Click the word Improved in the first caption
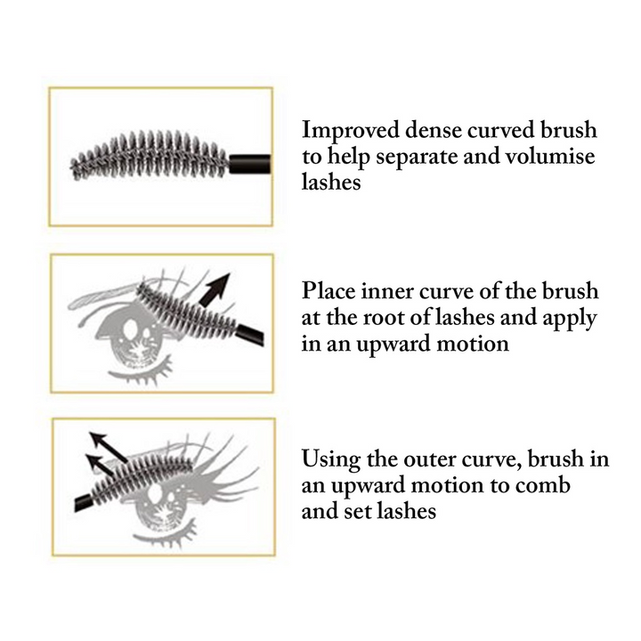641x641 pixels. point(351,130)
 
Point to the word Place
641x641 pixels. point(329,290)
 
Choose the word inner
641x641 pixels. point(382,291)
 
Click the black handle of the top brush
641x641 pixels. point(249,164)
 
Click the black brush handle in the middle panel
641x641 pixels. point(250,335)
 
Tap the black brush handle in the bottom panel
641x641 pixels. point(83,503)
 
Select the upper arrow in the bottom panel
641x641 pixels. point(108,447)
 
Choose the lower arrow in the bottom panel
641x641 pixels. point(100,466)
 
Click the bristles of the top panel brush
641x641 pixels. point(150,156)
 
